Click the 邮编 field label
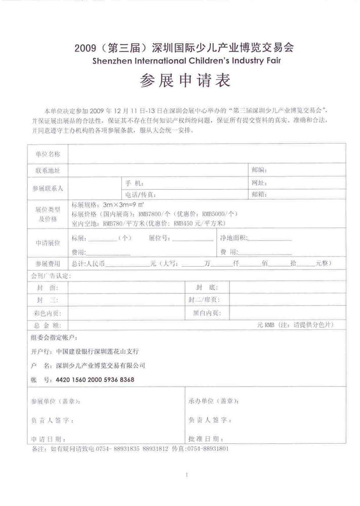pyautogui.click(x=259, y=170)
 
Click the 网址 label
pyautogui.click(x=259, y=182)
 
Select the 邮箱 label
pyautogui.click(x=259, y=194)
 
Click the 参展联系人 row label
pyautogui.click(x=47, y=188)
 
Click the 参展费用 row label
pyautogui.click(x=47, y=264)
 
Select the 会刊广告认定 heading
pyautogui.click(x=51, y=276)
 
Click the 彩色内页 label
pyautogui.click(x=48, y=313)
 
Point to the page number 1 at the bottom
pyautogui.click(x=187, y=475)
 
